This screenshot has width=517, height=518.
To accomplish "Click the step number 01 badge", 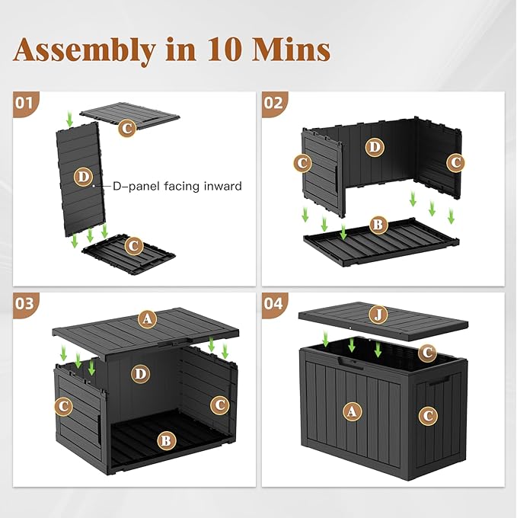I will [x=25, y=102].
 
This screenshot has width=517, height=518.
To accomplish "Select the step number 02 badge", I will [x=273, y=102].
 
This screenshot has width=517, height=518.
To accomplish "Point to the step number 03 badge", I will [x=25, y=303].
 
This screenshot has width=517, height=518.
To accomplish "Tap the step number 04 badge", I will [x=273, y=303].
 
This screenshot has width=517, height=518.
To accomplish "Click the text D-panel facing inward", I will [x=177, y=185].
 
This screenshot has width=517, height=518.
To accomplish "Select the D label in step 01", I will [x=84, y=177].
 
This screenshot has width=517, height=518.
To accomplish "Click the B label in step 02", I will [x=376, y=225].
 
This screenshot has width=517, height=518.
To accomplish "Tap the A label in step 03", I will [x=147, y=319].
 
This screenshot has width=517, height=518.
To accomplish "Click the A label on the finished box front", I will [x=351, y=412].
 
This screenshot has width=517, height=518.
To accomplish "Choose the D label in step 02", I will [x=374, y=148].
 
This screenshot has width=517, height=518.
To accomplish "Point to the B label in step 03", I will [x=165, y=440].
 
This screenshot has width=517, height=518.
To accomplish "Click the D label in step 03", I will [x=139, y=373].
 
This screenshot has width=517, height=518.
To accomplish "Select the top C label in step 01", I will [x=128, y=127].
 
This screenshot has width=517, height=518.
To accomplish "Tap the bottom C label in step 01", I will [x=134, y=245].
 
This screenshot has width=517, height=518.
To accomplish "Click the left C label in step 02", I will [x=302, y=162].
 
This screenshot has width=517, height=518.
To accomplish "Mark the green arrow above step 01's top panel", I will [x=70, y=118].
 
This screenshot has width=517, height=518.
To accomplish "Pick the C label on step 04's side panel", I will [x=428, y=415].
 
